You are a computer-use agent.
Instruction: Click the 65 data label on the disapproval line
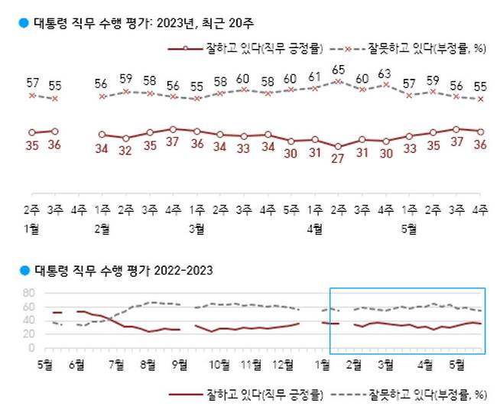click(338, 69)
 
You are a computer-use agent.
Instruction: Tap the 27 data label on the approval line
click(338, 158)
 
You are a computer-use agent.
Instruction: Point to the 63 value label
click(385, 74)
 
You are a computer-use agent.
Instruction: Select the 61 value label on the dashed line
click(314, 76)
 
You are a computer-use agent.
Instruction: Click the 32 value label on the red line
click(125, 151)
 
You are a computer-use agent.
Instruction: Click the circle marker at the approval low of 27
click(338, 146)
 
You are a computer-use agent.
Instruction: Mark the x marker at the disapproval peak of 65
click(338, 80)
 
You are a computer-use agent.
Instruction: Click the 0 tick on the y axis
click(31, 348)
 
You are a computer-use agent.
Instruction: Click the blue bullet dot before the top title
click(24, 23)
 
